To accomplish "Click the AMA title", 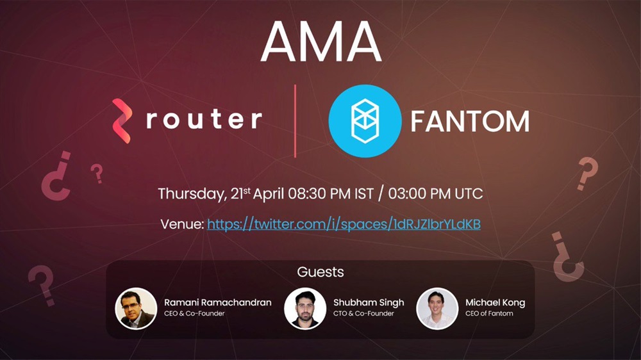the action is point(321,42).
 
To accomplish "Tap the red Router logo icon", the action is point(122,121).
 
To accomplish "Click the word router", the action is point(204,119).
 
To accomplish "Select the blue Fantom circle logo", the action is point(365,121).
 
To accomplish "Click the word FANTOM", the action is point(470,121).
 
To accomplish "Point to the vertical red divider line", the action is point(295,121).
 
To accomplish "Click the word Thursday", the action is point(192,193).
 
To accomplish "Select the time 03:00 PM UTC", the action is point(435,193).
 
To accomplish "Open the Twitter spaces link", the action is point(344,224).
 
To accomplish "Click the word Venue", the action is point(182,224).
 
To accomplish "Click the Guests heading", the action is point(320,272).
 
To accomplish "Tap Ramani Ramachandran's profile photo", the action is point(136,309).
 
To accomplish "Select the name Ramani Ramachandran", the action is point(218,303).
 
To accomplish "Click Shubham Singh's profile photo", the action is point(305,309).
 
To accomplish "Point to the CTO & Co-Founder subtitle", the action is point(363,313).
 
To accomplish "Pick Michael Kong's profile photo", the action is point(437,309).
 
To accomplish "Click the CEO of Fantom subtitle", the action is point(489,313).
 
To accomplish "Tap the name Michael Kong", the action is point(495,303).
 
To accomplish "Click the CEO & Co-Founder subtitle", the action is point(194,313).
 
